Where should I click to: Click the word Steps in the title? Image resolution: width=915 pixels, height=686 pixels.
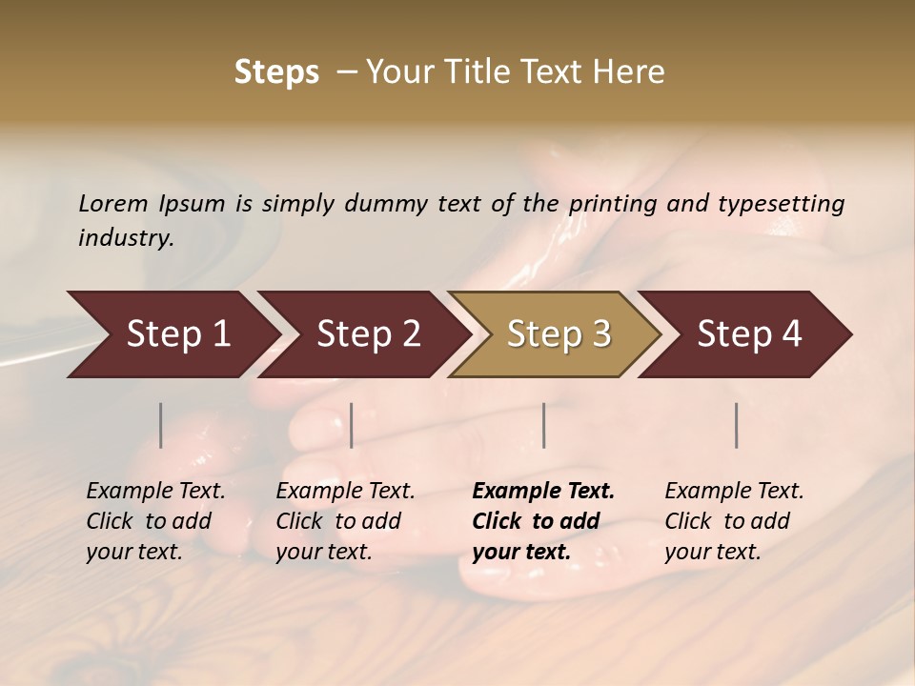tap(276, 72)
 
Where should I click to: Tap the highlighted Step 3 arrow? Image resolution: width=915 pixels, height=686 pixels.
tap(559, 334)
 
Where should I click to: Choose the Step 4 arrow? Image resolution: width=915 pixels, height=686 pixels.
tap(749, 334)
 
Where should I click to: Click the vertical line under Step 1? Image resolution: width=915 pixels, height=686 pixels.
tap(161, 425)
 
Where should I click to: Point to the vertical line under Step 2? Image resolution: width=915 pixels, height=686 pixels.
tap(352, 425)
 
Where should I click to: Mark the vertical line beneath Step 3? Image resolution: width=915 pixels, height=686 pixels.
tap(543, 425)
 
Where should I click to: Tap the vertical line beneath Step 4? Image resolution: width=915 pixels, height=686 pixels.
tap(737, 425)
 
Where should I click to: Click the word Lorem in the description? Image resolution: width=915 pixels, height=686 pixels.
tap(113, 204)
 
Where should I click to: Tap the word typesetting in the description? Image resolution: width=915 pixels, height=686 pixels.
tap(781, 204)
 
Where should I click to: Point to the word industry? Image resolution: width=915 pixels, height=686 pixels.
tap(126, 238)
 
